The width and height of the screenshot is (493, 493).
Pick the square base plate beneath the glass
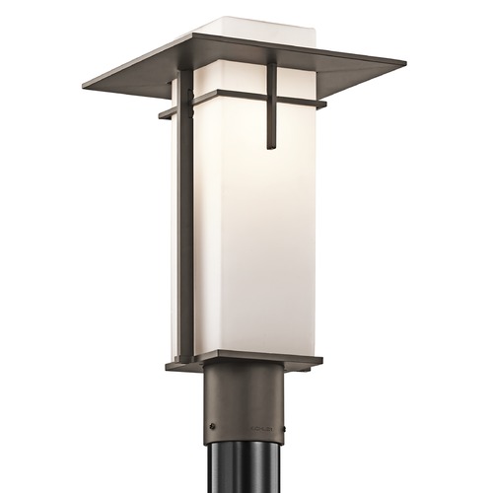click(x=244, y=360)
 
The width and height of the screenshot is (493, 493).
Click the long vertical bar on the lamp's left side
click(x=184, y=217)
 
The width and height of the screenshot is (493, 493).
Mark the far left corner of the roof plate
click(x=85, y=84)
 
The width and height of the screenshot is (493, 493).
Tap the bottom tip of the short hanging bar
click(x=270, y=148)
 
